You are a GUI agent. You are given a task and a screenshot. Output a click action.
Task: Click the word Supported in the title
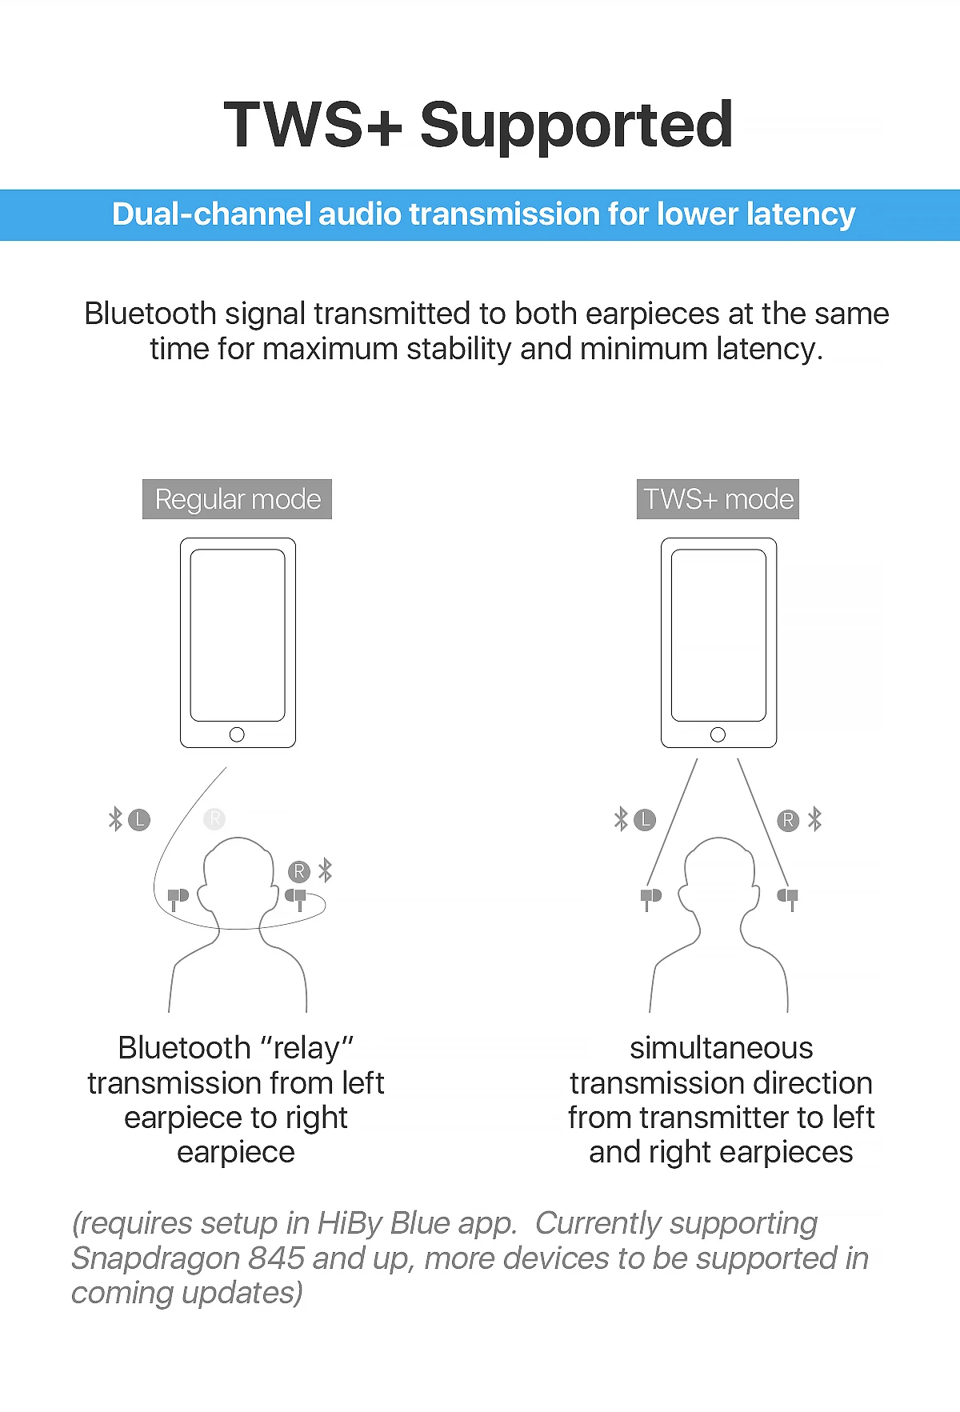pyautogui.click(x=576, y=126)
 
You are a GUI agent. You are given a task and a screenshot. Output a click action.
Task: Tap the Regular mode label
pyautogui.click(x=237, y=499)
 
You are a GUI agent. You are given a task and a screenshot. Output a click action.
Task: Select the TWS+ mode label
pyautogui.click(x=718, y=499)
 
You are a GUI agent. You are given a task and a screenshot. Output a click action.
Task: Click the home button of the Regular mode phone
pyautogui.click(x=237, y=734)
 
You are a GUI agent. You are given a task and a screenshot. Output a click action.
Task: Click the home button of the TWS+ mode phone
pyautogui.click(x=718, y=734)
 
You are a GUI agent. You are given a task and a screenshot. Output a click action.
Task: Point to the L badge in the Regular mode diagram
pyautogui.click(x=139, y=820)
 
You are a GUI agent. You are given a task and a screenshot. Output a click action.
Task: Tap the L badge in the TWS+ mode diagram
pyautogui.click(x=645, y=820)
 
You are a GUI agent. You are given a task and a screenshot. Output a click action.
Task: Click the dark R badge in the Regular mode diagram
pyautogui.click(x=299, y=871)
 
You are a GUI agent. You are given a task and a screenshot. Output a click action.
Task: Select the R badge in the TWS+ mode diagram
pyautogui.click(x=788, y=820)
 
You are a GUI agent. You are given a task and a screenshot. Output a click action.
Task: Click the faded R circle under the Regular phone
pyautogui.click(x=214, y=818)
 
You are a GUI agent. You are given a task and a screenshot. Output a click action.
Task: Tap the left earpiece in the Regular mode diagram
pyautogui.click(x=178, y=898)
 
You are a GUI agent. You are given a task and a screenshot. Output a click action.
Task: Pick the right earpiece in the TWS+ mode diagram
pyautogui.click(x=788, y=898)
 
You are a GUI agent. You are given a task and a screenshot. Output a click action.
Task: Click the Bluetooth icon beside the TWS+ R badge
pyautogui.click(x=814, y=819)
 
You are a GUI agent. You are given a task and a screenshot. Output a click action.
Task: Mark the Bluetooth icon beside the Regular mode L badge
pyautogui.click(x=115, y=819)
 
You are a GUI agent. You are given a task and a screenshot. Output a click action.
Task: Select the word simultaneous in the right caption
pyautogui.click(x=721, y=1047)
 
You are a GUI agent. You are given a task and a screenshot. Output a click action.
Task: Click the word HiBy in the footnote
pyautogui.click(x=349, y=1224)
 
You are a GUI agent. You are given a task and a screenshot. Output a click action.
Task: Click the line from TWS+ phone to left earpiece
pyautogui.click(x=672, y=822)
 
